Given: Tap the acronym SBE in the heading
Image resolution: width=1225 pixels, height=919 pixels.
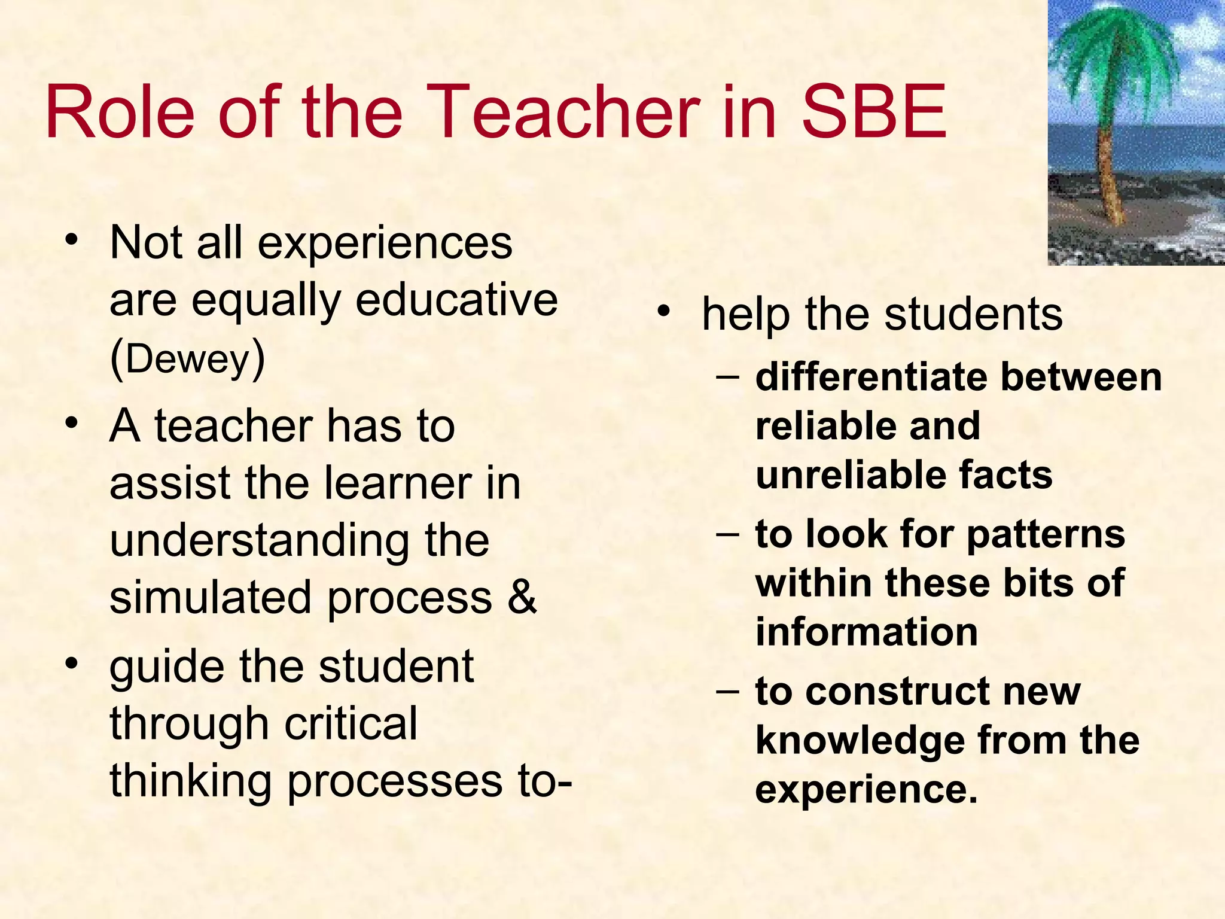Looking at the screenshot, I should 874,112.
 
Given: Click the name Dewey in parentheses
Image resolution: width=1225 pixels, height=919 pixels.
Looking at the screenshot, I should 187,359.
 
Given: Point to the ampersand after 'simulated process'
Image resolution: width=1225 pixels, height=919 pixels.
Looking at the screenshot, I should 522,597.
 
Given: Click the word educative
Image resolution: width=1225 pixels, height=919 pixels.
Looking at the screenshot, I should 456,300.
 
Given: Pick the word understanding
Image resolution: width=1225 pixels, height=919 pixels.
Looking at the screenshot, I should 259,540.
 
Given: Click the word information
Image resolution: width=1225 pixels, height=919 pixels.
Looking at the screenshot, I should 866,632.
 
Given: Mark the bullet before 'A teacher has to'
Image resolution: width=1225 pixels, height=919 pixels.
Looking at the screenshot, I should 72,423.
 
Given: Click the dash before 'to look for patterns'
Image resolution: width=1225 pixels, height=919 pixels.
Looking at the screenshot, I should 727,531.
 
